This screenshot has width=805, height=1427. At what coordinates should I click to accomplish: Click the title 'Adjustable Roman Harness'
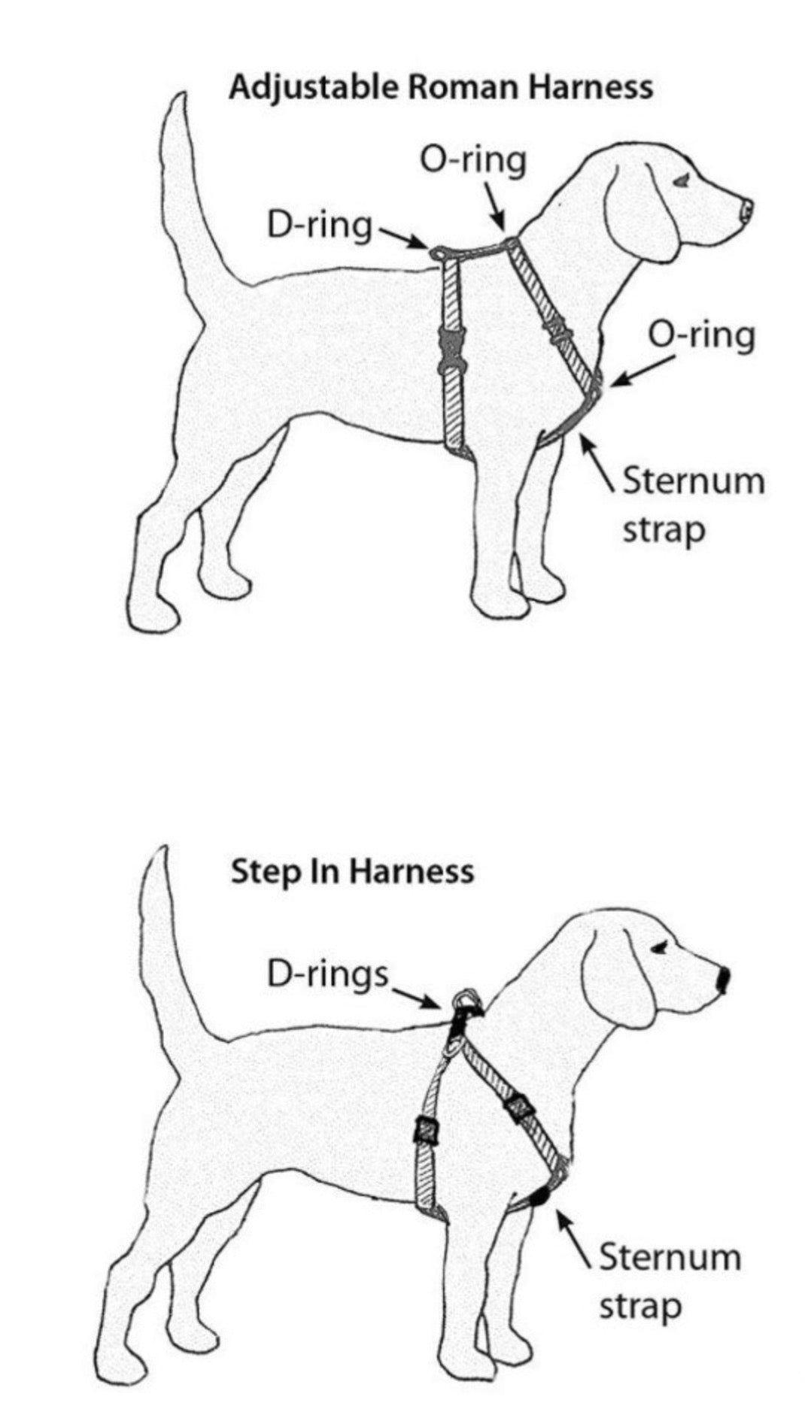pos(440,87)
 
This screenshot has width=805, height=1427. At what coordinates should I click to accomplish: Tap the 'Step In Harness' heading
pos(352,871)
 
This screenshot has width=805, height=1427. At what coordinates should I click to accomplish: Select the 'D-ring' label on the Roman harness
pos(320,225)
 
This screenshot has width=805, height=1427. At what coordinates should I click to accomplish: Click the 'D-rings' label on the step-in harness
pos(327,974)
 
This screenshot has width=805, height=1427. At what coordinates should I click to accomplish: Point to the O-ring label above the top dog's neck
pos(472,161)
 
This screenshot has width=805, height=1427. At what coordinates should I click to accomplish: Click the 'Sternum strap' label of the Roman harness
pos(692,504)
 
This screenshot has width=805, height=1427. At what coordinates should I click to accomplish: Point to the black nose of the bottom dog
pos(723,980)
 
